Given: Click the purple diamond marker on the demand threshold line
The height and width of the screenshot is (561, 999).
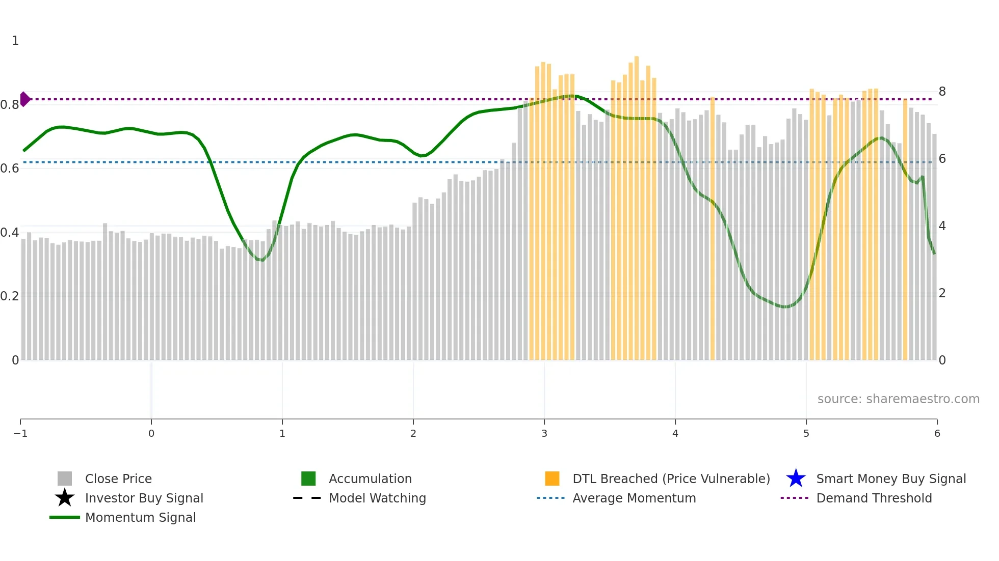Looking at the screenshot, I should click(25, 99).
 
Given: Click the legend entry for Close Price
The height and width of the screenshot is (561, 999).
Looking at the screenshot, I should click(118, 479).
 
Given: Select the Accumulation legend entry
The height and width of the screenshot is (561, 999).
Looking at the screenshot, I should click(370, 479).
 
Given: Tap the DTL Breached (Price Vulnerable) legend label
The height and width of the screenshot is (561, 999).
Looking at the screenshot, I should click(671, 479).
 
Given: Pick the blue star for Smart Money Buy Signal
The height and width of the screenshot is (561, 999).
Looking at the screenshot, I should click(796, 479).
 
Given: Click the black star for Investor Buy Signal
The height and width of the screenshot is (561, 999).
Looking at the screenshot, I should click(65, 498).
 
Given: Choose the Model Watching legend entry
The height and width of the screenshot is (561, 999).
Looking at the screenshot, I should click(377, 498).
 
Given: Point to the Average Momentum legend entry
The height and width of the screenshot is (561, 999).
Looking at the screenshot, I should click(634, 498).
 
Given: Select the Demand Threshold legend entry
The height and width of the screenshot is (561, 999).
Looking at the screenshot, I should click(874, 498).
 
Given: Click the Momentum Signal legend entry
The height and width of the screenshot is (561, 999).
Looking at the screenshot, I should click(140, 517).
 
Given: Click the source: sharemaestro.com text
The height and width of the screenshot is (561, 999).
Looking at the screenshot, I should click(898, 399).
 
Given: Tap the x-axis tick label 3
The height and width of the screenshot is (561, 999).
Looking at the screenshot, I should click(544, 433).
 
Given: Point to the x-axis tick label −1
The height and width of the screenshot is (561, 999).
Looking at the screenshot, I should click(20, 433).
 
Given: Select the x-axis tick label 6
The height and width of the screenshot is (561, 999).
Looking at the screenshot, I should click(937, 433).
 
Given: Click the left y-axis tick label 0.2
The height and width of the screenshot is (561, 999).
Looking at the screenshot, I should click(10, 296).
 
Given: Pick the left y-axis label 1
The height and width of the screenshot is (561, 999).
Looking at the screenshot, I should click(15, 40).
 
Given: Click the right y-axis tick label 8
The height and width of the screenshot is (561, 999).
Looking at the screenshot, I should click(942, 92).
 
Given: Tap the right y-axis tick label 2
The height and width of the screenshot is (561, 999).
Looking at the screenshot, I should click(942, 293).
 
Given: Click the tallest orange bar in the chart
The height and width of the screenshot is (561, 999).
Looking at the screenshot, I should click(637, 204).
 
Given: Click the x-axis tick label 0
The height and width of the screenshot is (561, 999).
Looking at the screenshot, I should click(151, 433).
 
